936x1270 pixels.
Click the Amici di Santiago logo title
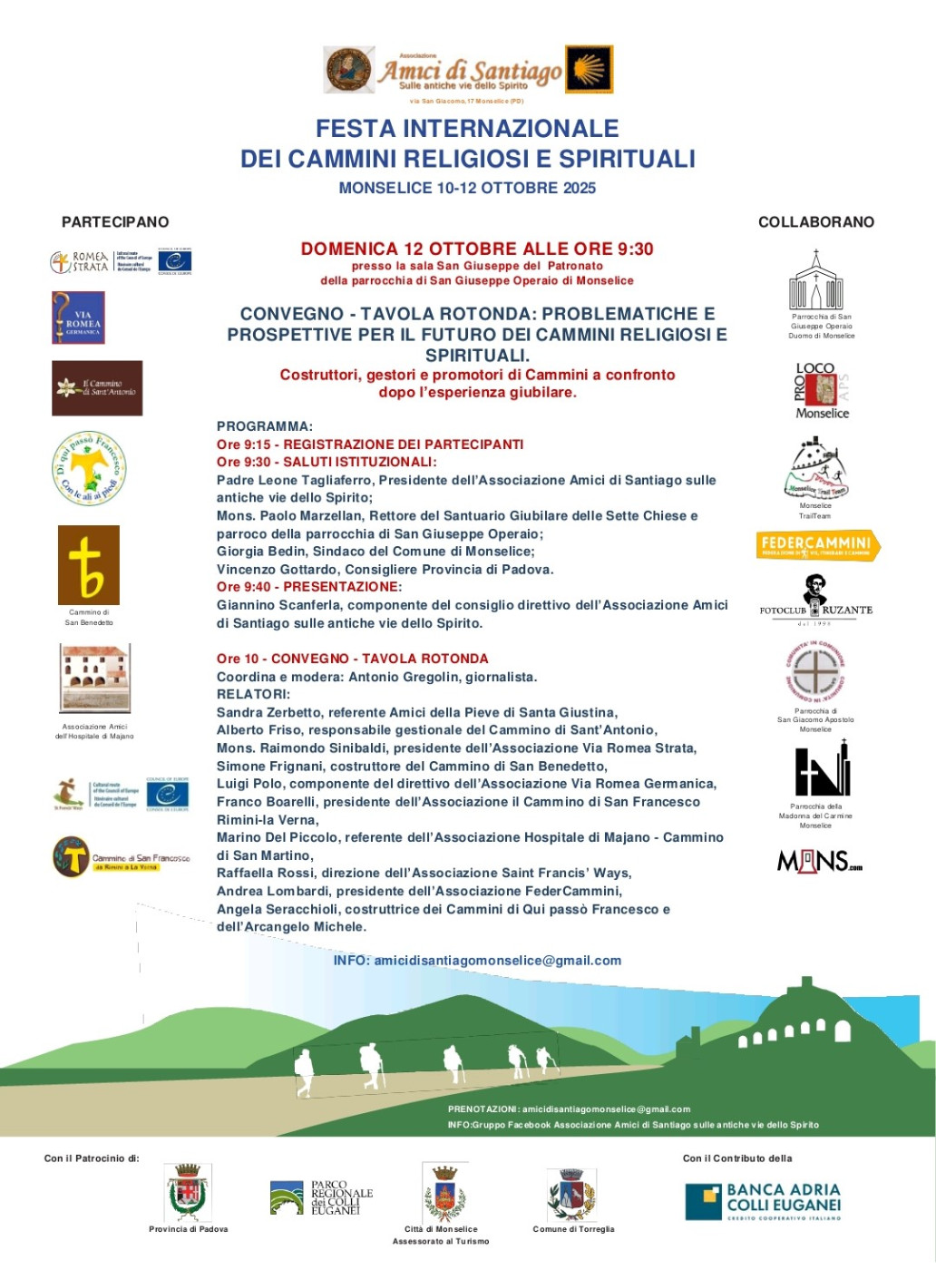(470, 71)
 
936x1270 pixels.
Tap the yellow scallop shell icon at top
(589, 70)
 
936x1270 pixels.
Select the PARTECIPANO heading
(115, 222)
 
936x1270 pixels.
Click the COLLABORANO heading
(815, 222)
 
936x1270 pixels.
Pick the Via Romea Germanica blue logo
(79, 317)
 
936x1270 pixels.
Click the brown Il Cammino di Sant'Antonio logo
(97, 388)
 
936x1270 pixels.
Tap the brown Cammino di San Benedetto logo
(89, 564)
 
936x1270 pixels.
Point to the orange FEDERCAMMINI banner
(817, 544)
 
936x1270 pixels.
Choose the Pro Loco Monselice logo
(822, 391)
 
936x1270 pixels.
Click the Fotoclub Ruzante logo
(815, 599)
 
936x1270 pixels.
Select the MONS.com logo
(819, 861)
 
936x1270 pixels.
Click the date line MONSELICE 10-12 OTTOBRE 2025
(467, 188)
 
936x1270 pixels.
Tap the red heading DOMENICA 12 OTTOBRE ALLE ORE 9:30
(477, 249)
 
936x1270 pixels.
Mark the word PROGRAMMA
(264, 426)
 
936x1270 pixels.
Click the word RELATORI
(253, 694)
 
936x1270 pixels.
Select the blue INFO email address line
(477, 961)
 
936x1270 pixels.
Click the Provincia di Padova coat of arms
(189, 1192)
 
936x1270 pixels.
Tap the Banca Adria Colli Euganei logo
(763, 1200)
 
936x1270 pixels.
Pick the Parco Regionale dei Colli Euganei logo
(321, 1197)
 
